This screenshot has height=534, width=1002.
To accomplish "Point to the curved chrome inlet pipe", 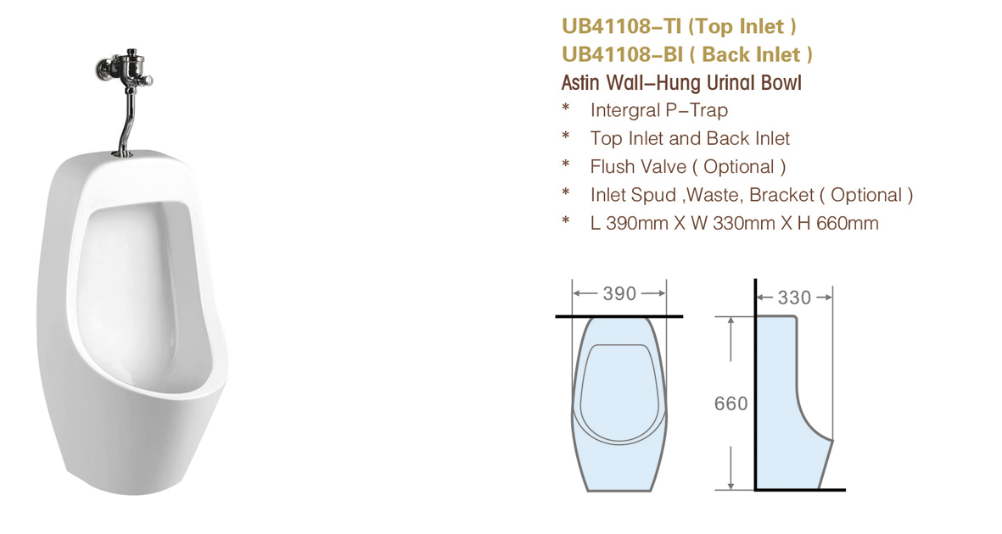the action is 126,125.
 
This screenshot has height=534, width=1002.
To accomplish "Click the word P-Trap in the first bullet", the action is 697,110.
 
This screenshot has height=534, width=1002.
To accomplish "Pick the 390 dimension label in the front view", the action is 619,293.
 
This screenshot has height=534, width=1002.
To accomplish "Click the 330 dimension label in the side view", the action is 793,297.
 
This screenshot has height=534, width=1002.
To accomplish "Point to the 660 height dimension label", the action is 731,403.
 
